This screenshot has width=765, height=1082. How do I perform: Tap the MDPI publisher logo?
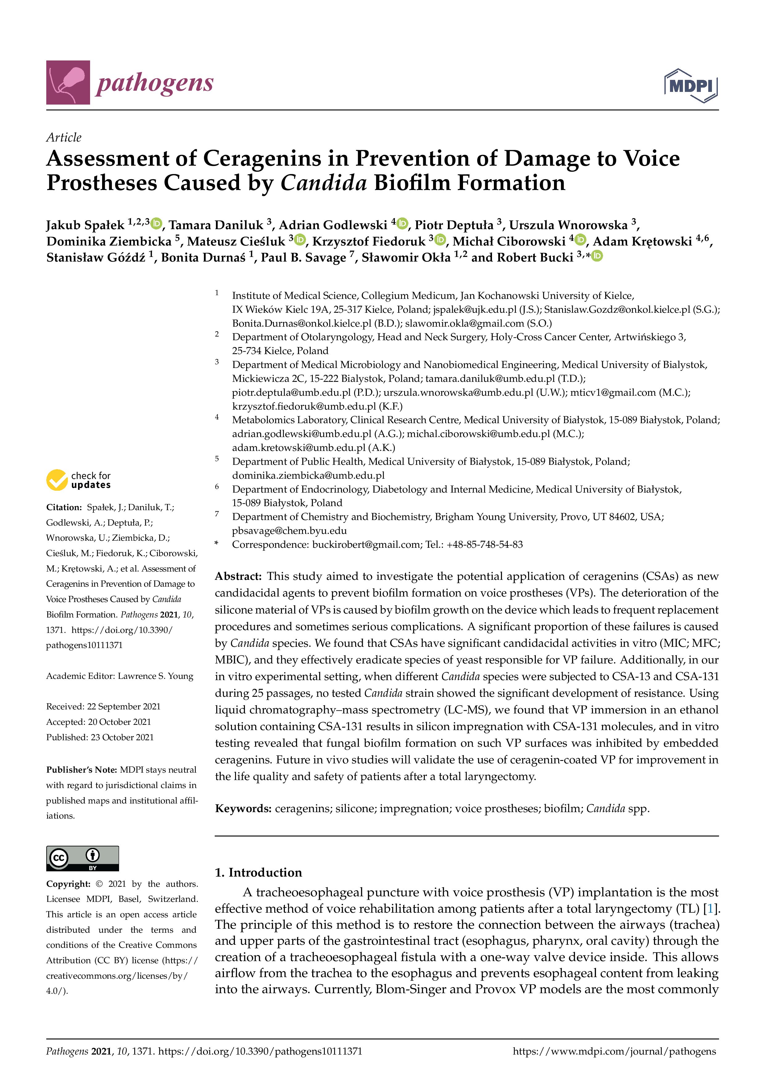[691, 86]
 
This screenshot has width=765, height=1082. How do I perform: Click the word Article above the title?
[64, 137]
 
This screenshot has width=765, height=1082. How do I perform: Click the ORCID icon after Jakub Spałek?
[156, 223]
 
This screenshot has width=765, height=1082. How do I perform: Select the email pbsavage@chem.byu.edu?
[289, 531]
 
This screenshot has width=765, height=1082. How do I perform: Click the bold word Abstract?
[238, 576]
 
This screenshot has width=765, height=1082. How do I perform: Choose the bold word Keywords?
[243, 809]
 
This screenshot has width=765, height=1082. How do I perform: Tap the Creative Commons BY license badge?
[82, 858]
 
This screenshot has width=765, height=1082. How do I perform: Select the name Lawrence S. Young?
[155, 676]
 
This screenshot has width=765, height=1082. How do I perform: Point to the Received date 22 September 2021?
[123, 706]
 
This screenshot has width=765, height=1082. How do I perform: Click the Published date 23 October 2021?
[122, 737]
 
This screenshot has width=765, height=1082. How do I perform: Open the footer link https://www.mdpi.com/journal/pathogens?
[614, 1051]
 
